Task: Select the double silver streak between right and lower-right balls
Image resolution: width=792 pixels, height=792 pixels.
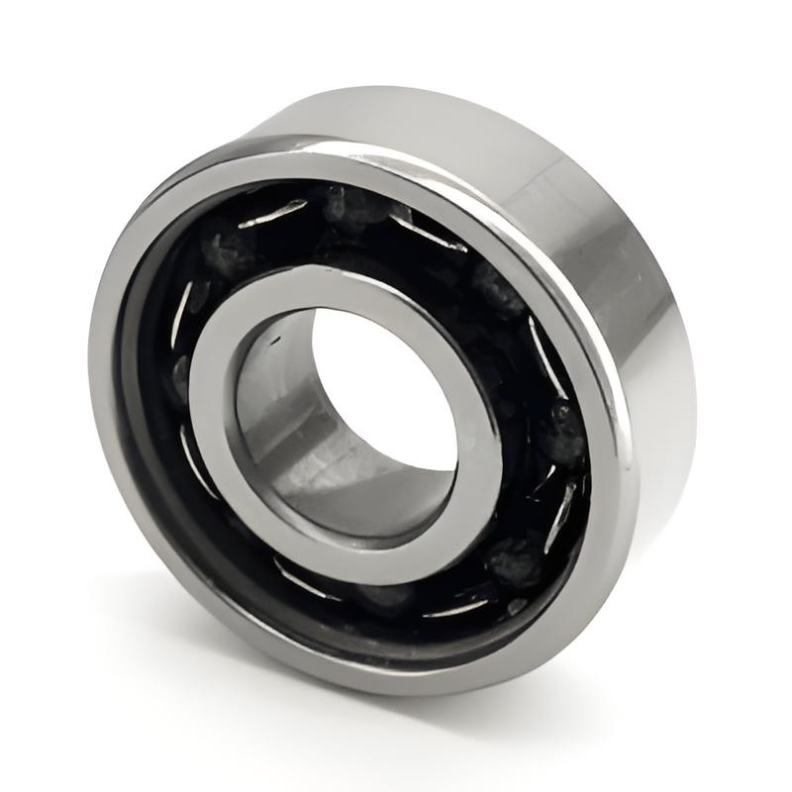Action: pos(560,500)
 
